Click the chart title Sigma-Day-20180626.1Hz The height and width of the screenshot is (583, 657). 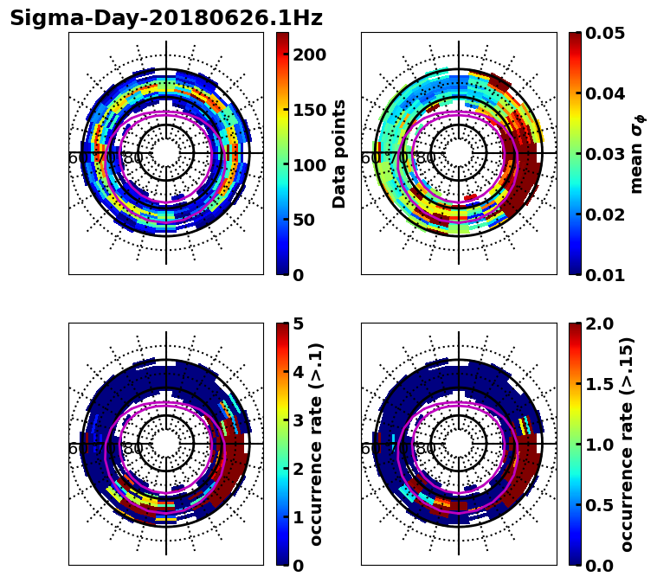166,18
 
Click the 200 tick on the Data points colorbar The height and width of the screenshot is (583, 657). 308,54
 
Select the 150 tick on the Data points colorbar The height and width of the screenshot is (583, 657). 308,110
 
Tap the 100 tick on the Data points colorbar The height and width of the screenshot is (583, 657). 308,164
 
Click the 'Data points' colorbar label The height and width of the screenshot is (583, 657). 339,154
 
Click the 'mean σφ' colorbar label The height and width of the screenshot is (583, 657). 636,154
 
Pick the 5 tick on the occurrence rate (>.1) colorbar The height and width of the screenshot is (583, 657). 297,324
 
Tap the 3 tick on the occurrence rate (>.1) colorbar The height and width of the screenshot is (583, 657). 297,420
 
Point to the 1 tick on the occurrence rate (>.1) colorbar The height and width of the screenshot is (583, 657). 297,517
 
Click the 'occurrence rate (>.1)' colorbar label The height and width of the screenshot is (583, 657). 317,445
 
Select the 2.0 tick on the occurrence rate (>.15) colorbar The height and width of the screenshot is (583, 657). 599,324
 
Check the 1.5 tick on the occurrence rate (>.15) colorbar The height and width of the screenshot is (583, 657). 599,384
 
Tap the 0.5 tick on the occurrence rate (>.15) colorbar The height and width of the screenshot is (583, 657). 599,505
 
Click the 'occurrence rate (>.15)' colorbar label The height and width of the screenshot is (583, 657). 627,445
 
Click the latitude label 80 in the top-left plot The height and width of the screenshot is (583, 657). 133,158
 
